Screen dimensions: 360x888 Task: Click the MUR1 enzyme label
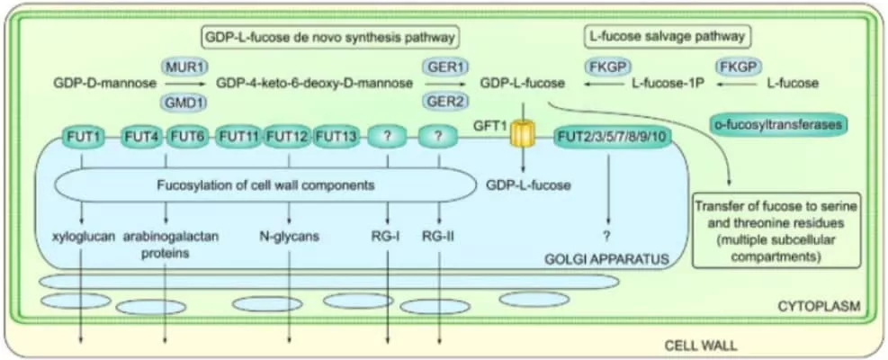coord(181,67)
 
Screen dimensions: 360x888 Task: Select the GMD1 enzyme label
coord(181,101)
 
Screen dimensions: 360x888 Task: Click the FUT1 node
coord(82,137)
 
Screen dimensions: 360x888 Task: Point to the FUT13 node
coord(338,137)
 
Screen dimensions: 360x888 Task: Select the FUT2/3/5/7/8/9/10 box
coord(612,137)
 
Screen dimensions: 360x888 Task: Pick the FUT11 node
coord(238,137)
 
